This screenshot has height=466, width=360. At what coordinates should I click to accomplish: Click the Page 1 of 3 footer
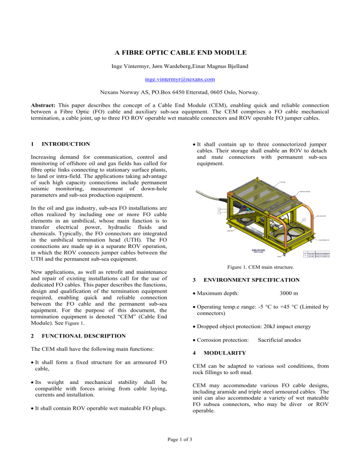[180, 454]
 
